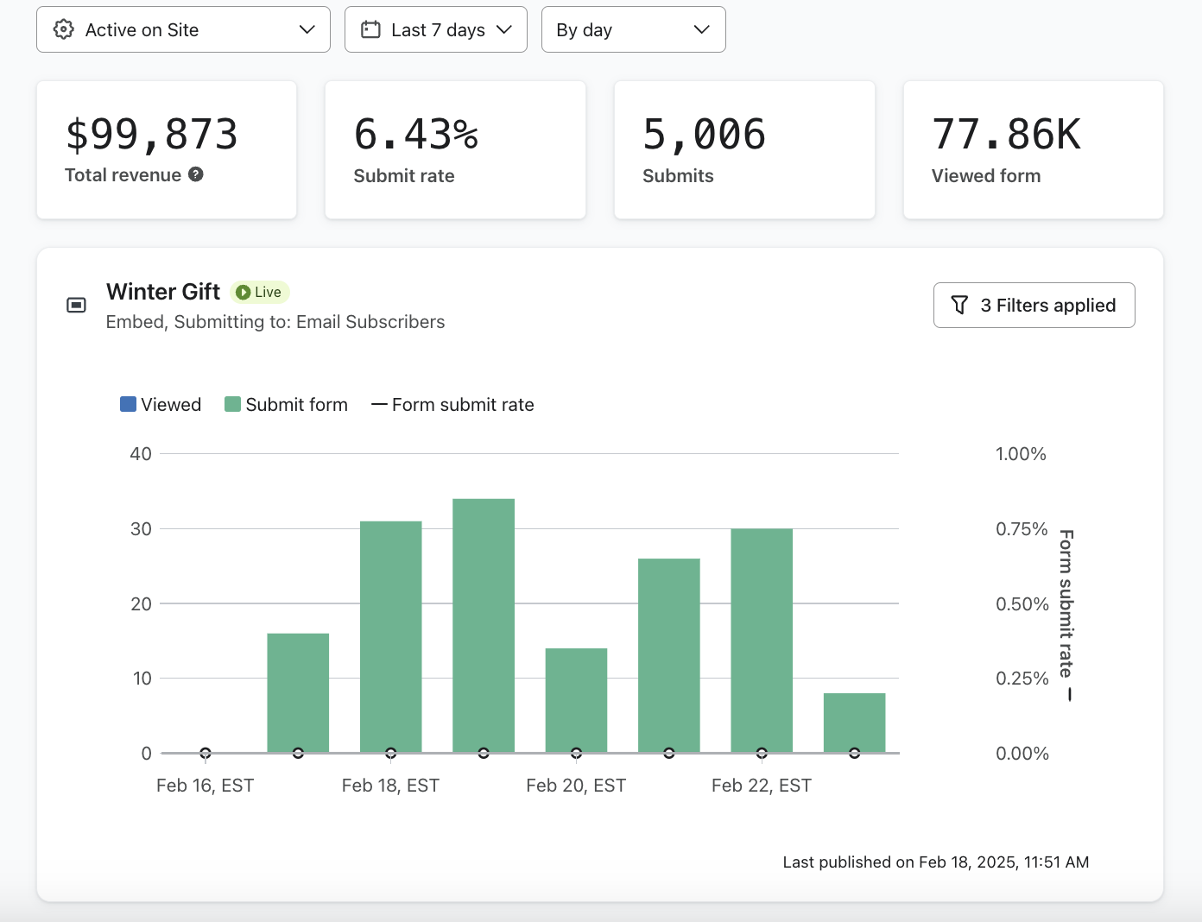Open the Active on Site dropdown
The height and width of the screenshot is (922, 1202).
click(183, 29)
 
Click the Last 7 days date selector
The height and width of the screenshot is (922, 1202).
click(436, 29)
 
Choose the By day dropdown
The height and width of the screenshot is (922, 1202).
click(633, 29)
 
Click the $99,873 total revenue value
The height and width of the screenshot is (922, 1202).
click(152, 135)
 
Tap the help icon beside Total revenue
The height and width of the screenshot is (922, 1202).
click(196, 174)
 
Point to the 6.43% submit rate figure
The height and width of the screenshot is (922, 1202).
click(416, 135)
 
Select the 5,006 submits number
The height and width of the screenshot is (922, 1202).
click(705, 135)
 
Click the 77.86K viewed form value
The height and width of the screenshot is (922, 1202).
click(1007, 135)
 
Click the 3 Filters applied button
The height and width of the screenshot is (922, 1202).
click(1034, 306)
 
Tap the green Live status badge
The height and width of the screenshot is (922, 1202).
click(260, 293)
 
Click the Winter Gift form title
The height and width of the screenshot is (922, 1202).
click(163, 292)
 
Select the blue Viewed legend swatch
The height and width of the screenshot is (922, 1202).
click(128, 404)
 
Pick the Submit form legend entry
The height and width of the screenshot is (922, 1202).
click(287, 405)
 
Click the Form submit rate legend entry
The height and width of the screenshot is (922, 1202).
click(453, 405)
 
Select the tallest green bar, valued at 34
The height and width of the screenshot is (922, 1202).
click(484, 625)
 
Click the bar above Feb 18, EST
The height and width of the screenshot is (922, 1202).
click(391, 636)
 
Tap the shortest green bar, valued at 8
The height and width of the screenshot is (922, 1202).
click(854, 723)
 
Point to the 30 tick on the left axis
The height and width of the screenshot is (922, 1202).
click(141, 529)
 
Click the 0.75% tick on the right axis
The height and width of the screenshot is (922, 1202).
click(1022, 529)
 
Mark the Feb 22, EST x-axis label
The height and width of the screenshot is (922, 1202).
click(762, 786)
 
